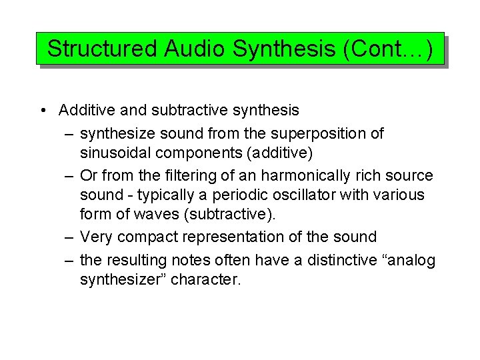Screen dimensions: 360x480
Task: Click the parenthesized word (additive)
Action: point(279,153)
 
